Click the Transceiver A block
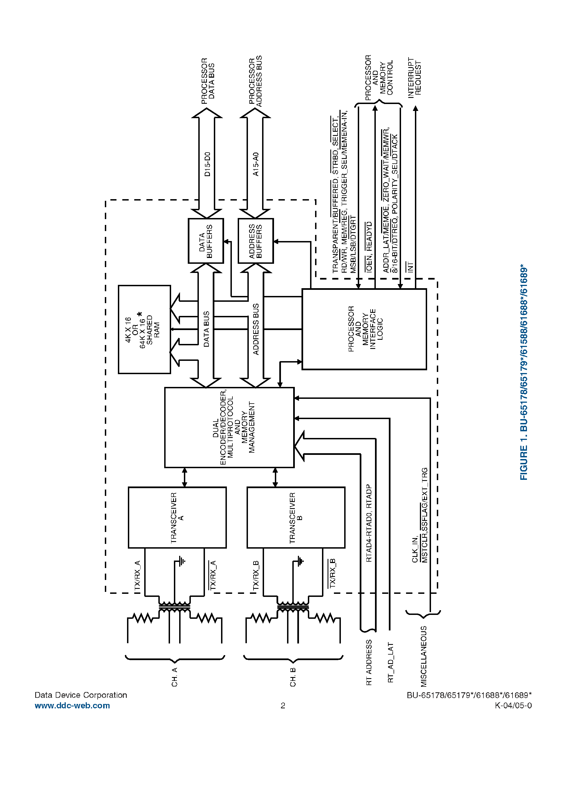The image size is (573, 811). pyautogui.click(x=177, y=518)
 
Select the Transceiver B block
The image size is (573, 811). pyautogui.click(x=296, y=518)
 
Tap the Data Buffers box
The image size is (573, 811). pyautogui.click(x=206, y=241)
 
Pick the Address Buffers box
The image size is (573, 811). pyautogui.click(x=255, y=241)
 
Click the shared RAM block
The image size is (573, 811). pyautogui.click(x=144, y=329)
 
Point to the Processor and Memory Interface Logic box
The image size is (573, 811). pyautogui.click(x=364, y=329)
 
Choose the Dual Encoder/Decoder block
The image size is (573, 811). pyautogui.click(x=229, y=427)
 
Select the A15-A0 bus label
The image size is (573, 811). pyautogui.click(x=256, y=164)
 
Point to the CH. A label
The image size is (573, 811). pyautogui.click(x=174, y=677)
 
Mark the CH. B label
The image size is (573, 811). pyautogui.click(x=293, y=677)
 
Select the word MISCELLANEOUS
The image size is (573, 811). pyautogui.click(x=424, y=656)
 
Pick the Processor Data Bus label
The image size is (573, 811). pyautogui.click(x=208, y=81)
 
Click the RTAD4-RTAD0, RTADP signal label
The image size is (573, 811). pyautogui.click(x=369, y=523)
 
